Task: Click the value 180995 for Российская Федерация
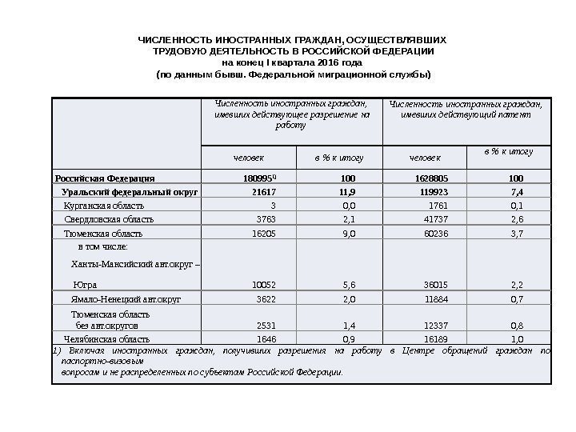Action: click(258, 178)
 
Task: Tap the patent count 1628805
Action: click(430, 178)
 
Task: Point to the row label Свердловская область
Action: click(109, 219)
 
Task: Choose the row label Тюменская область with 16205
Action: click(103, 234)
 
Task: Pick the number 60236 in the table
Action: click(434, 234)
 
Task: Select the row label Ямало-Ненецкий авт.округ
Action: click(126, 298)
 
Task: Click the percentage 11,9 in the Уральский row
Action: click(348, 192)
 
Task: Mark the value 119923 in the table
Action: click(433, 192)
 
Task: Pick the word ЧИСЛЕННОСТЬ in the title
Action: click(170, 39)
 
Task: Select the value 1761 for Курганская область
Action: click(438, 206)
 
